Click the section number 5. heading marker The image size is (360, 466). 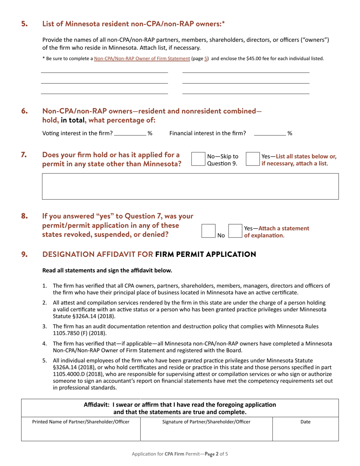point(24,24)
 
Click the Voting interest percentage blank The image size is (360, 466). point(130,133)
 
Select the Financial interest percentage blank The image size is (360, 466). point(269,133)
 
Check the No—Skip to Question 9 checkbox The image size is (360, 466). point(198,159)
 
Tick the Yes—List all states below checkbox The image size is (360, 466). point(253,159)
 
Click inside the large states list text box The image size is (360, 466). point(190,186)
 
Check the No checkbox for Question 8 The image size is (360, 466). point(208,231)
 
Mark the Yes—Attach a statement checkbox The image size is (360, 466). point(235,231)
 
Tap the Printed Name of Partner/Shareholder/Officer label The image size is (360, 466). point(81,421)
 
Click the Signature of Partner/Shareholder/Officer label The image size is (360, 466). point(206,421)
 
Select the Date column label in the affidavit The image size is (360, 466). point(305,421)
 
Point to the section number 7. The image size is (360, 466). point(24,155)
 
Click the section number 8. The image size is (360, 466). point(24,216)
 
